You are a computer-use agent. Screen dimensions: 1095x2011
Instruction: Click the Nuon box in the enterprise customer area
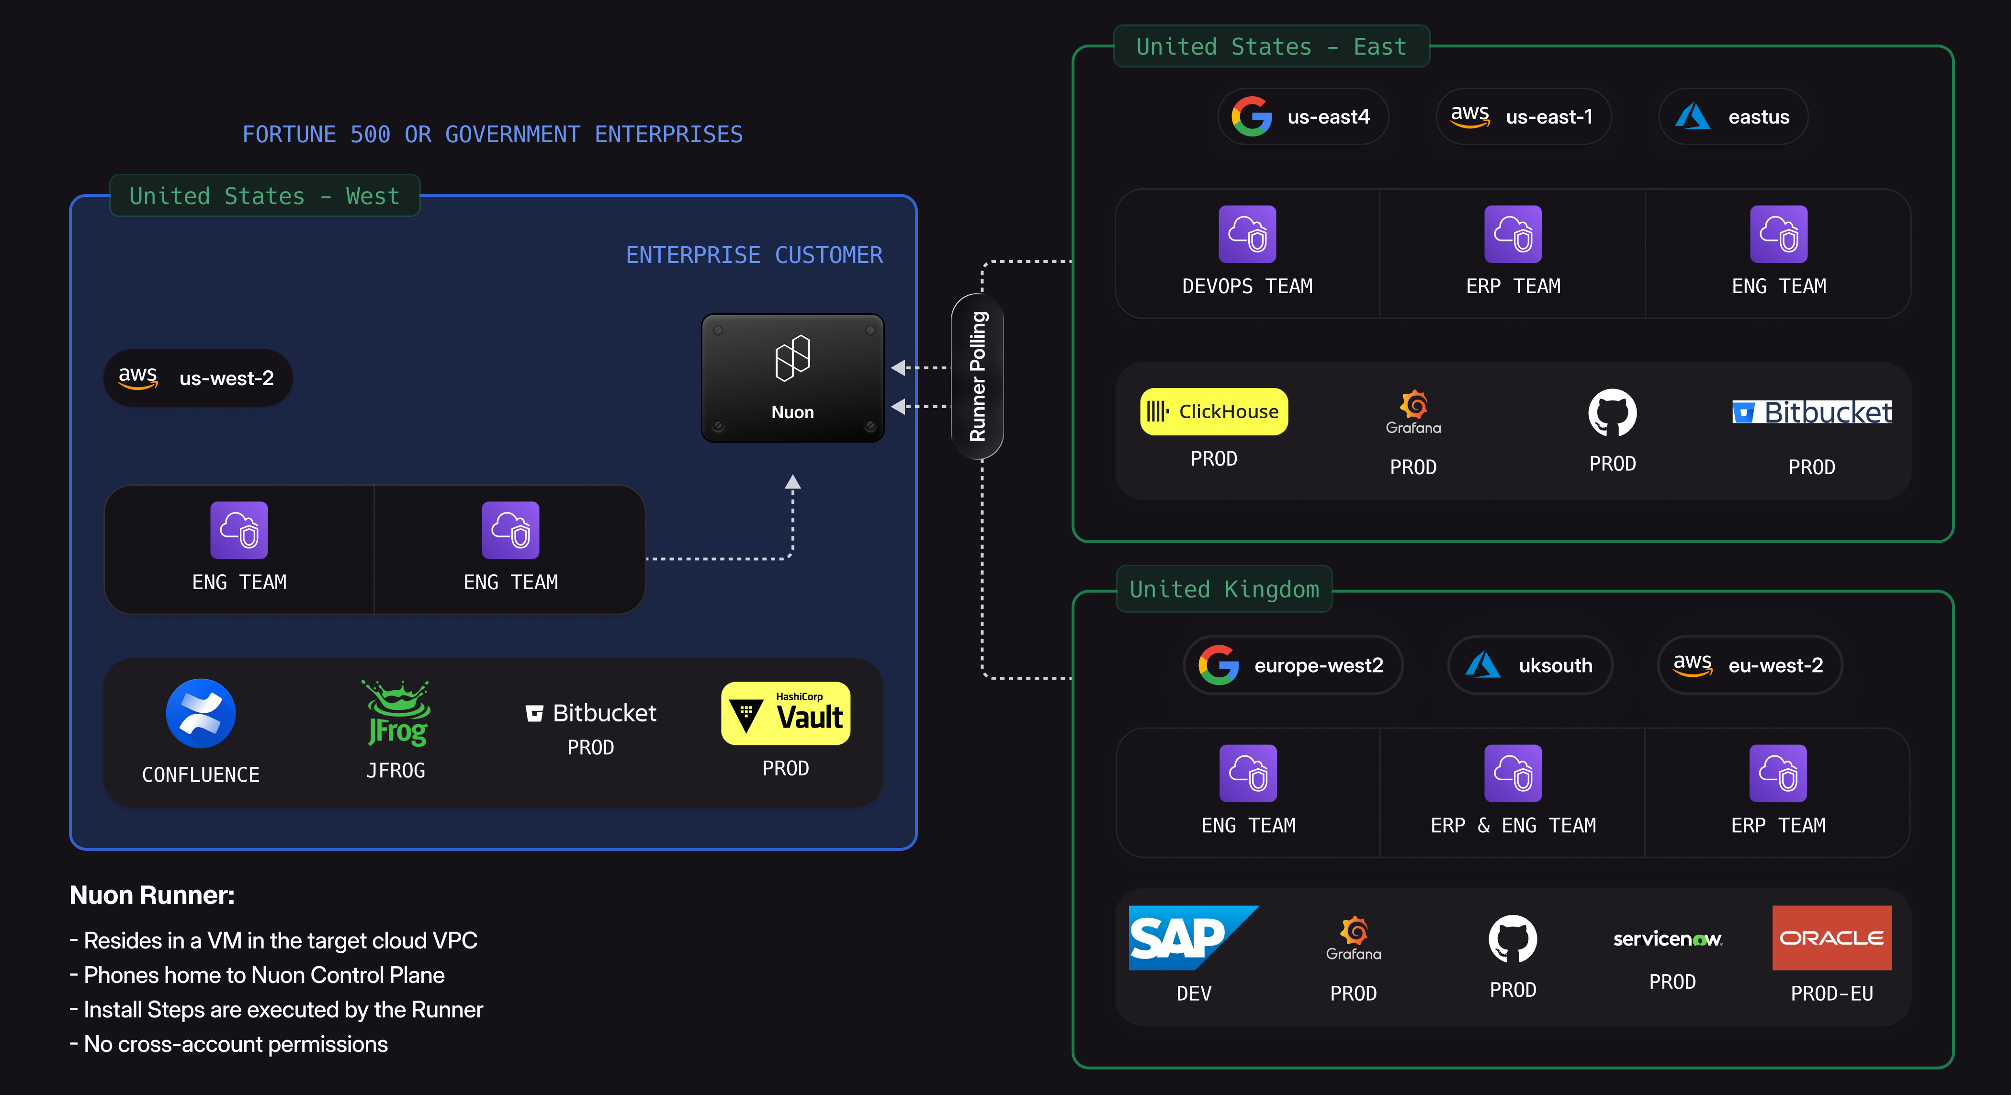click(792, 378)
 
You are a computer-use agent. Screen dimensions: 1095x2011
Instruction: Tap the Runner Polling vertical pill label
click(977, 376)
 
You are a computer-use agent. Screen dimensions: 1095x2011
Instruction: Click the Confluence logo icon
click(201, 713)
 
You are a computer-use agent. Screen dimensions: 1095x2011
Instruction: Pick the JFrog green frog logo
click(396, 713)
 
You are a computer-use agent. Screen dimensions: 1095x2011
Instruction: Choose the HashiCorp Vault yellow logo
click(785, 713)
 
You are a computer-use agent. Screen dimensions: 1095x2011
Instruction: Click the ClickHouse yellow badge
click(1214, 411)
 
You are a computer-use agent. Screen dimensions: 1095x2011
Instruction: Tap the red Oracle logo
click(1831, 937)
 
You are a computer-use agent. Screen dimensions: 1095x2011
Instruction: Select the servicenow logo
click(1668, 939)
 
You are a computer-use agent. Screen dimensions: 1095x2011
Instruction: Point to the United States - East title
click(1271, 47)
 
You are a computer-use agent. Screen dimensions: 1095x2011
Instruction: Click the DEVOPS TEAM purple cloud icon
click(1247, 234)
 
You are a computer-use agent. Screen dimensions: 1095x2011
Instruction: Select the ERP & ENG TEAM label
click(1513, 825)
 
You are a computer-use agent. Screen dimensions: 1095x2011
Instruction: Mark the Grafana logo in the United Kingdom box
click(1354, 938)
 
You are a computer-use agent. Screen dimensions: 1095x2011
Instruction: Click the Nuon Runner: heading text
click(152, 895)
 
